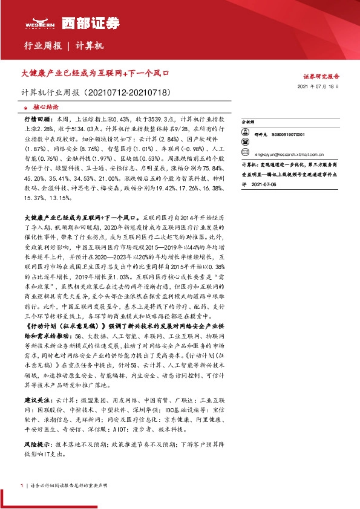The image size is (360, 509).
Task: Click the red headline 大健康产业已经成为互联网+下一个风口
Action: (x=94, y=73)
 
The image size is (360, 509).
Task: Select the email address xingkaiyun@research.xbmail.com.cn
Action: (x=290, y=154)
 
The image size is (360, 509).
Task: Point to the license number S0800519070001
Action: (x=288, y=135)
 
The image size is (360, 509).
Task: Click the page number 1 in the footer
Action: (x=22, y=485)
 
